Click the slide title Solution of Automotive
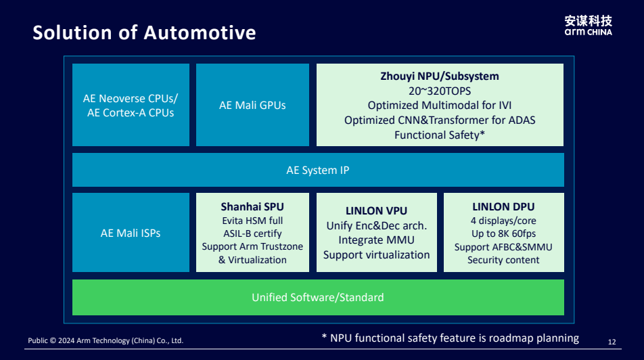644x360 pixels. pyautogui.click(x=144, y=32)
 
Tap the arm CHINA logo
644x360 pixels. pyautogui.click(x=588, y=26)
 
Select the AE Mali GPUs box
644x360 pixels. pyautogui.click(x=252, y=105)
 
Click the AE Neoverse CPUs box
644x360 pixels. pyautogui.click(x=131, y=105)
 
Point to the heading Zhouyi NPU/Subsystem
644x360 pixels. pyautogui.click(x=440, y=76)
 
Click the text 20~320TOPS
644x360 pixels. pyautogui.click(x=440, y=91)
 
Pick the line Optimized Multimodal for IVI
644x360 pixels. pyautogui.click(x=440, y=105)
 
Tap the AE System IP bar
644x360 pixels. pyautogui.click(x=318, y=170)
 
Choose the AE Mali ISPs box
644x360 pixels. pyautogui.click(x=131, y=232)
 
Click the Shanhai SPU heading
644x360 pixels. pyautogui.click(x=252, y=206)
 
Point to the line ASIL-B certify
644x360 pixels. pyautogui.click(x=252, y=233)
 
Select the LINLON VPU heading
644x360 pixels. pyautogui.click(x=376, y=211)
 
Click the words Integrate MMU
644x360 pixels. pyautogui.click(x=376, y=240)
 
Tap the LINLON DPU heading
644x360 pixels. pyautogui.click(x=503, y=206)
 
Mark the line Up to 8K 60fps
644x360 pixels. pyautogui.click(x=503, y=233)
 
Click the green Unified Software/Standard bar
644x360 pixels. pyautogui.click(x=318, y=297)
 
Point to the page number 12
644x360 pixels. pyautogui.click(x=612, y=342)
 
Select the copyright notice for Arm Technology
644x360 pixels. pyautogui.click(x=106, y=340)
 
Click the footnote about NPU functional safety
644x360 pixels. pyautogui.click(x=450, y=338)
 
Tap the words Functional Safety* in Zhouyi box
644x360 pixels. pyautogui.click(x=440, y=135)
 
